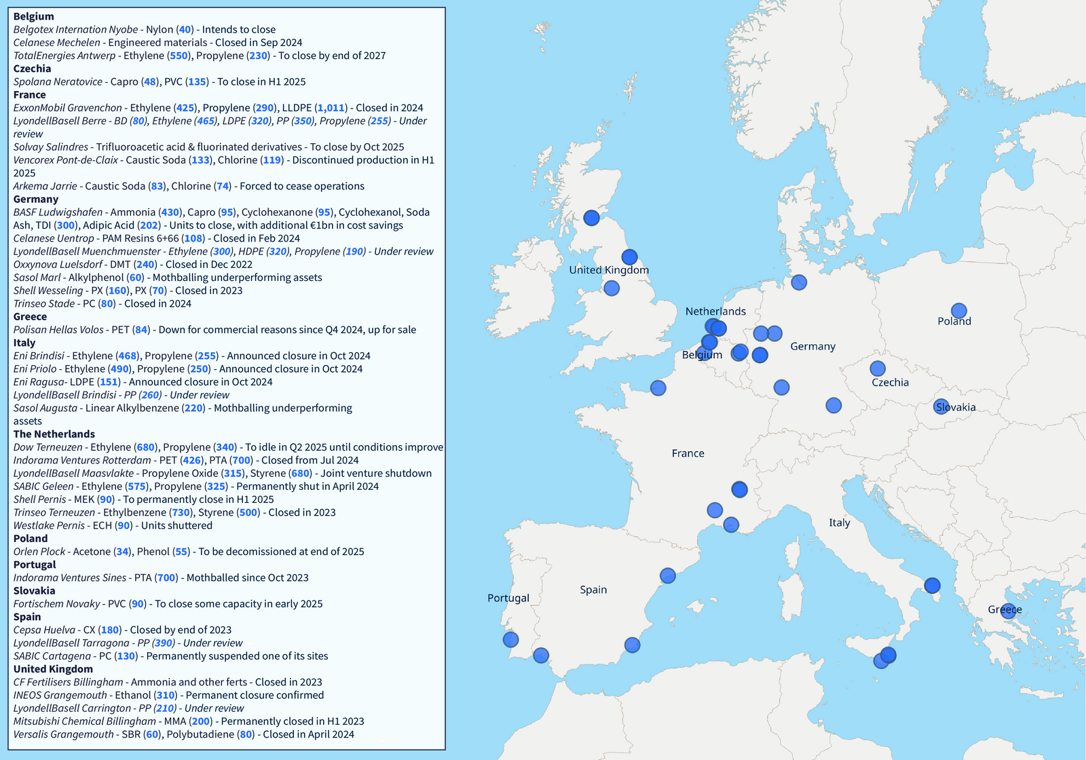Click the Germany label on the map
[x=812, y=346]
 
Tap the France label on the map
[x=688, y=453]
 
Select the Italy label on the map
[x=839, y=522]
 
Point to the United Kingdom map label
[x=609, y=270]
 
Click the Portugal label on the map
[x=508, y=598]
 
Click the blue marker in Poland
[x=958, y=311]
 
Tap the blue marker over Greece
[x=1009, y=611]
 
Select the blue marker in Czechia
[x=878, y=368]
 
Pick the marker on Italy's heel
[x=933, y=586]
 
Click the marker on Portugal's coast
[x=511, y=639]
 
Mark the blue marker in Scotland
[x=592, y=218]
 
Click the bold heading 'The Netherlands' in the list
[x=54, y=434]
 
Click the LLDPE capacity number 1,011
[x=331, y=108]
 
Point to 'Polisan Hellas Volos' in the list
[x=58, y=330]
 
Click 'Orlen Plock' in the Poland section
[x=39, y=552]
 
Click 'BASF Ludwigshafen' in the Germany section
[x=58, y=212]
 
